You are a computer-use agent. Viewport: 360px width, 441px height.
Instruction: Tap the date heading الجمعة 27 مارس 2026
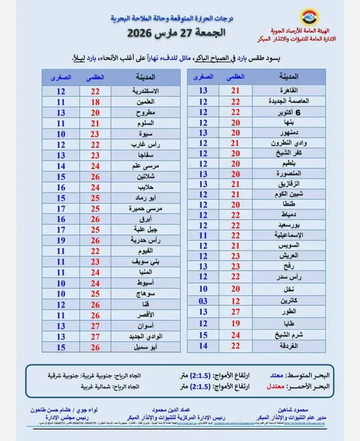[x=180, y=33]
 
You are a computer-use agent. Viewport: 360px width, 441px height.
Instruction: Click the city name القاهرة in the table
[x=291, y=90]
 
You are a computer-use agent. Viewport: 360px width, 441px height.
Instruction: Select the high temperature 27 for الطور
[x=236, y=312]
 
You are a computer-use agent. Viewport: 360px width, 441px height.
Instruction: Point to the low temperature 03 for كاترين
[x=203, y=301]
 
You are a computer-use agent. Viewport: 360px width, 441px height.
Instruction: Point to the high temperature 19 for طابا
[x=236, y=323]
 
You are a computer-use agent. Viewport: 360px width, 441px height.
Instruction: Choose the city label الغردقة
[x=291, y=346]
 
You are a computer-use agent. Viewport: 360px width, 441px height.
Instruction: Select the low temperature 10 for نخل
[x=203, y=289]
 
